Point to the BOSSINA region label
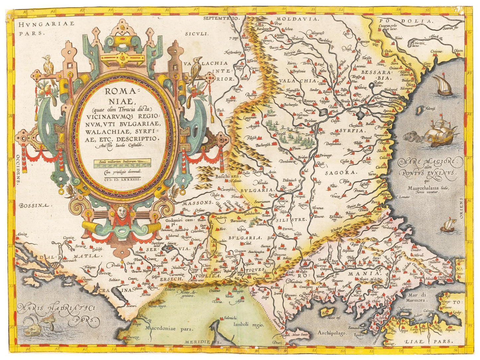[x=35, y=205]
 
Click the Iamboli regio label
[x=248, y=325]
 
